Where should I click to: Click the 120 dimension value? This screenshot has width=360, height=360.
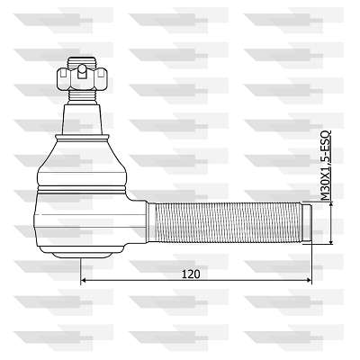(x=191, y=274)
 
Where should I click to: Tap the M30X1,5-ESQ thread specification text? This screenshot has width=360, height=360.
(x=326, y=166)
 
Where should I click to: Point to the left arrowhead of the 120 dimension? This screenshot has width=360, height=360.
(x=84, y=280)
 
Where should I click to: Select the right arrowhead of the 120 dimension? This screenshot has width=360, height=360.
(x=309, y=280)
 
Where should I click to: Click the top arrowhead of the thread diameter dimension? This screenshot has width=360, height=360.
(x=331, y=204)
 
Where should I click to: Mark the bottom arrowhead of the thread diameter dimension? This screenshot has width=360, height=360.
(x=331, y=241)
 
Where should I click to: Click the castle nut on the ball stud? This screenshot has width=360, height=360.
(x=82, y=79)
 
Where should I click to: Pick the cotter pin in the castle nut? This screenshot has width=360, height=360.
(x=82, y=71)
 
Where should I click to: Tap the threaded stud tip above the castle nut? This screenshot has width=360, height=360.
(x=82, y=62)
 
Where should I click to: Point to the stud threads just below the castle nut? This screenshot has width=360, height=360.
(x=82, y=96)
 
